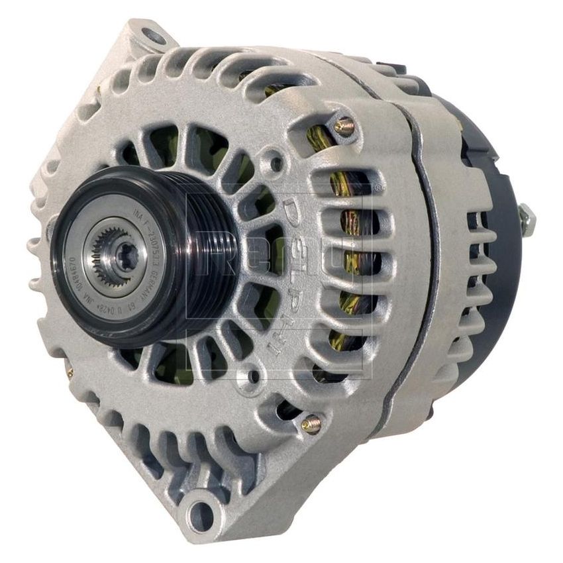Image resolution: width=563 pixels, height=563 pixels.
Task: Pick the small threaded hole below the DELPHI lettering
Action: pos(252,378)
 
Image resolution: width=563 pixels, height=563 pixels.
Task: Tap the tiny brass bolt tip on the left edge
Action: pos(69,373)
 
